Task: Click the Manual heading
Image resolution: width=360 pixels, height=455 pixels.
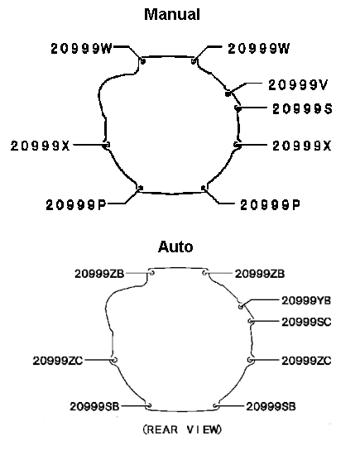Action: (172, 14)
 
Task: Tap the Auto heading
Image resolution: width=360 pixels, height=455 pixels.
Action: (175, 247)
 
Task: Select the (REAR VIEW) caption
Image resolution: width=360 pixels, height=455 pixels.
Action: (182, 429)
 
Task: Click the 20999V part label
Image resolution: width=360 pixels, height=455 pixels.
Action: (298, 85)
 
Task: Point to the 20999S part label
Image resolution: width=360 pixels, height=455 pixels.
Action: (302, 109)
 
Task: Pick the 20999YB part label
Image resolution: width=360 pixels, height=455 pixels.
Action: (306, 300)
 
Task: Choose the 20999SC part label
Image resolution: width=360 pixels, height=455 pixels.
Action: (306, 322)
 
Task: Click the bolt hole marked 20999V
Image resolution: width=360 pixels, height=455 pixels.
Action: (228, 93)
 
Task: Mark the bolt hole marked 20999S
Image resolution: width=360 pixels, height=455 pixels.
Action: (238, 108)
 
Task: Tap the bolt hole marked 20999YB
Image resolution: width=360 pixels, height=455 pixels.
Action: (241, 306)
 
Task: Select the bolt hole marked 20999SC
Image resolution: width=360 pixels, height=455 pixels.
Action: (251, 321)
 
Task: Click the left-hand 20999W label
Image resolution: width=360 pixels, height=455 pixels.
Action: (81, 49)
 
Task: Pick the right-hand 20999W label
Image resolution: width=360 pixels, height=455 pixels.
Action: (259, 49)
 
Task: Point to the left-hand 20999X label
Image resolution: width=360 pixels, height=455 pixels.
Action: (41, 146)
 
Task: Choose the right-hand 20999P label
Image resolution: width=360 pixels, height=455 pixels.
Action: (270, 205)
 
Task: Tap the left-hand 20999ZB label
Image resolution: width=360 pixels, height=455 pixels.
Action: (99, 274)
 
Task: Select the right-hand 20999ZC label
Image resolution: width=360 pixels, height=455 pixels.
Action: (306, 361)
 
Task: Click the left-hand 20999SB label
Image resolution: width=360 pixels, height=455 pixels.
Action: (94, 406)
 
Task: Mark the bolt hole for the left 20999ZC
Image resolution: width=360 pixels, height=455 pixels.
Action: (114, 360)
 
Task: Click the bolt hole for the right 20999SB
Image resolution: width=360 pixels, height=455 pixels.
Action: (215, 406)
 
